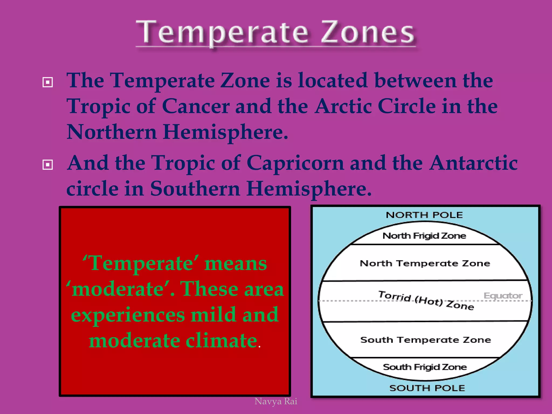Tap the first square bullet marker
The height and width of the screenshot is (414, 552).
click(48, 82)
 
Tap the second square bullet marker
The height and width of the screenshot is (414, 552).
click(48, 164)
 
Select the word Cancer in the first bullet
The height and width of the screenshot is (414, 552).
click(196, 106)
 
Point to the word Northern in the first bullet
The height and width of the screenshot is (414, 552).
click(112, 132)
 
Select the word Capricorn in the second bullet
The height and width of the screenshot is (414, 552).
click(295, 163)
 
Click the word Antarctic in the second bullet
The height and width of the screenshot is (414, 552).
click(473, 163)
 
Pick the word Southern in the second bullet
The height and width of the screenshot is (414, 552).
click(195, 189)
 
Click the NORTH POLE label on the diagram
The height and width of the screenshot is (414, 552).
click(424, 215)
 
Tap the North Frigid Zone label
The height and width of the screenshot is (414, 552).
click(424, 236)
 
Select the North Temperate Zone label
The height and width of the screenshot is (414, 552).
click(425, 263)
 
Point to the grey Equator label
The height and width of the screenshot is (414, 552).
click(503, 296)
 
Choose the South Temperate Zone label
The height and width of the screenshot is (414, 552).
click(426, 340)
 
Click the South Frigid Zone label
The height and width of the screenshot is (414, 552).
click(425, 367)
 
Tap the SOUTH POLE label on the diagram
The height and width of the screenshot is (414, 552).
click(427, 388)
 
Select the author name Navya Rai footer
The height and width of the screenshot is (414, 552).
click(276, 401)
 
